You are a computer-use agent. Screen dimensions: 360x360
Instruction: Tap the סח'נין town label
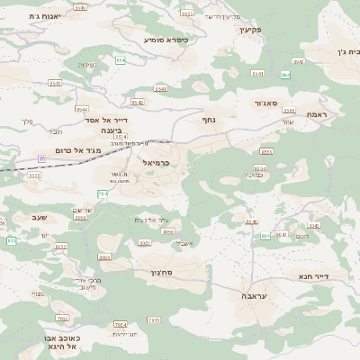pos(175,270)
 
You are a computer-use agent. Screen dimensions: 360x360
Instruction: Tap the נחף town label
pos(208,118)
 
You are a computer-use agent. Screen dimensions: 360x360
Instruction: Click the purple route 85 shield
pos(41,158)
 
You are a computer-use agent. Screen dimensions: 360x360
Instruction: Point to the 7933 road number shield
pos(62,319)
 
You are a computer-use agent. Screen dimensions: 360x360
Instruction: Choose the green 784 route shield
pos(103,193)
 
